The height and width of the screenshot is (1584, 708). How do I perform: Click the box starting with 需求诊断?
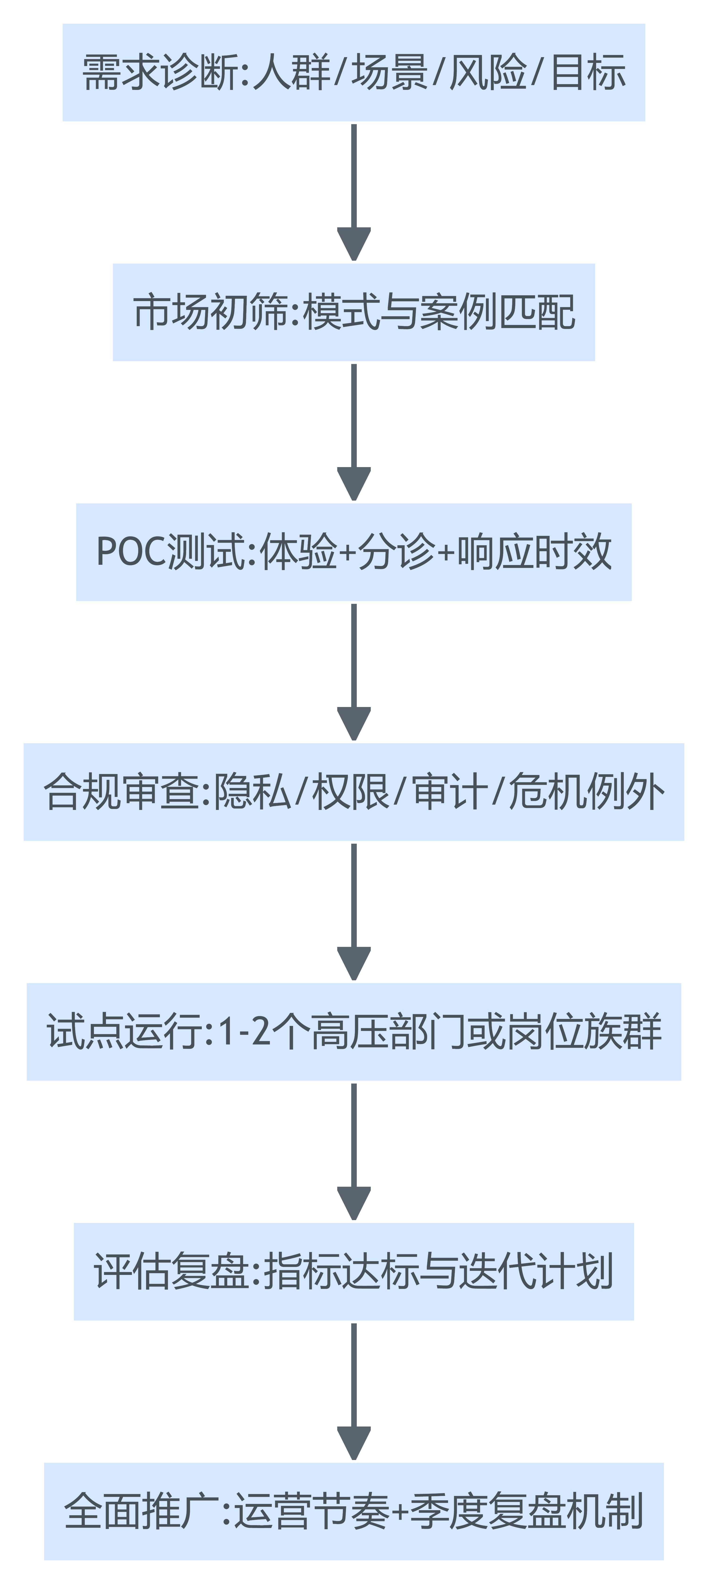click(353, 72)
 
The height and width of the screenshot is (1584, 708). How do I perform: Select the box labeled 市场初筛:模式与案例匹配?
click(353, 312)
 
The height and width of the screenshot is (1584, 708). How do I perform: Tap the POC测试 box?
click(353, 552)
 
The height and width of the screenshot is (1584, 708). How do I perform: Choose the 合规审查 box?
click(353, 792)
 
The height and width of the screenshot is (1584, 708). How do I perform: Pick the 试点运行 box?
click(353, 1032)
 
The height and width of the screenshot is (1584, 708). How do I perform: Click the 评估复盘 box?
click(353, 1272)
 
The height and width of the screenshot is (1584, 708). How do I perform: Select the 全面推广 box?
click(353, 1512)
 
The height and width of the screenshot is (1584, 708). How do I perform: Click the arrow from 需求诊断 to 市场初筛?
click(354, 191)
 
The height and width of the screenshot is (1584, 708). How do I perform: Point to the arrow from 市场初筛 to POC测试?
click(354, 430)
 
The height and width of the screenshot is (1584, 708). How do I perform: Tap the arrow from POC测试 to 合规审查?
click(354, 670)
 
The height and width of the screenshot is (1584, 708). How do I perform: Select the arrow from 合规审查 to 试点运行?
click(354, 910)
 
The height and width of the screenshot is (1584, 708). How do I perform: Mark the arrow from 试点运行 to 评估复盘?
click(354, 1150)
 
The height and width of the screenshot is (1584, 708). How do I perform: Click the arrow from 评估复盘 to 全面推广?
click(354, 1390)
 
